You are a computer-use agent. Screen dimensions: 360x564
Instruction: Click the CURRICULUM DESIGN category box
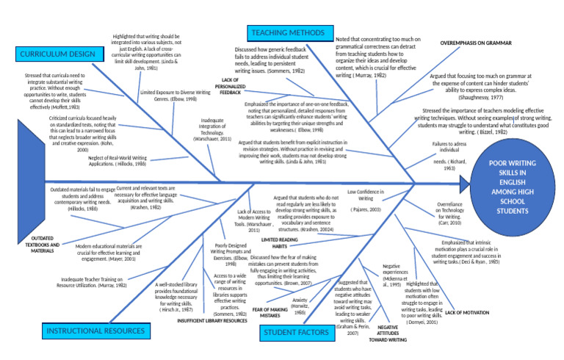pos(58,54)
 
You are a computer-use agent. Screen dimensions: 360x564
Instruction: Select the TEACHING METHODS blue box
pos(287,33)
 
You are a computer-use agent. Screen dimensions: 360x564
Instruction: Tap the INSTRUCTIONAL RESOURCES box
pos(95,331)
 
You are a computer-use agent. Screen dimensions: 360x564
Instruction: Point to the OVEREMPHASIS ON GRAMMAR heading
pos(474,43)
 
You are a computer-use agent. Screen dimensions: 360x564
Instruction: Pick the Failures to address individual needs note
pos(449,156)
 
